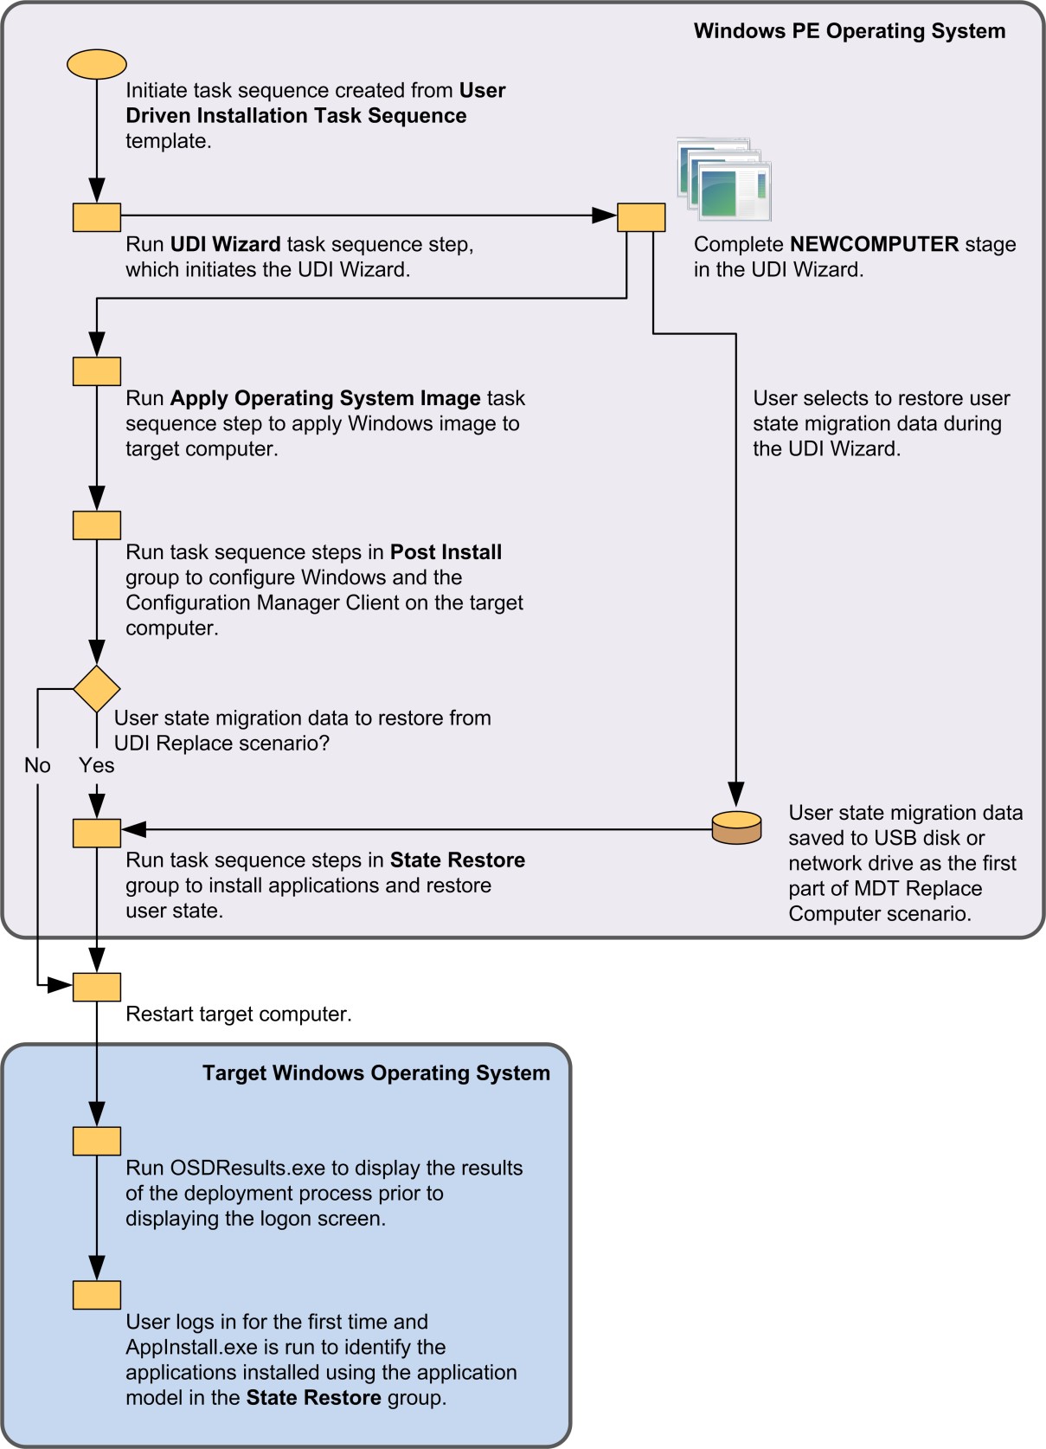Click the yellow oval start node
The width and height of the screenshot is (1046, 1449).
tap(97, 64)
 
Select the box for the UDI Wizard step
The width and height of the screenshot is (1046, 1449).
tap(97, 217)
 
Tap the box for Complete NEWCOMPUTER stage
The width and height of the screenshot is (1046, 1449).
tap(641, 217)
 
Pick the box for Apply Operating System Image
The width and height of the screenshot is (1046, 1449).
tap(97, 371)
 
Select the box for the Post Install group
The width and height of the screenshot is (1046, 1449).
tap(97, 525)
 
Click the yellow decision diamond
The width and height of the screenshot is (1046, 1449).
tap(97, 689)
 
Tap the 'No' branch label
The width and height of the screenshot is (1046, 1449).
tap(37, 765)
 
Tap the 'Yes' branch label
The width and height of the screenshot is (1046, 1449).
tap(96, 765)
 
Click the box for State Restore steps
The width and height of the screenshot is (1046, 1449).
tap(97, 833)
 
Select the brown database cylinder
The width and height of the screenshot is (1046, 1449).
tap(736, 828)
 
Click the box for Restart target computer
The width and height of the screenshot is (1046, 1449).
tap(97, 987)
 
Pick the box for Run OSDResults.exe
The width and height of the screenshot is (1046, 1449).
tap(97, 1141)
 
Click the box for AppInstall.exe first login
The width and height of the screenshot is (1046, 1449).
tap(97, 1295)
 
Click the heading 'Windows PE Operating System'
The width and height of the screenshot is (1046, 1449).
tap(849, 31)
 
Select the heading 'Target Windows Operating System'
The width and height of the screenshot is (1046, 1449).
tap(375, 1073)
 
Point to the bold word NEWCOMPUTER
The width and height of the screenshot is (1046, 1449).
tap(874, 244)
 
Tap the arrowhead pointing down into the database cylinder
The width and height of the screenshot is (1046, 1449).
tap(736, 794)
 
